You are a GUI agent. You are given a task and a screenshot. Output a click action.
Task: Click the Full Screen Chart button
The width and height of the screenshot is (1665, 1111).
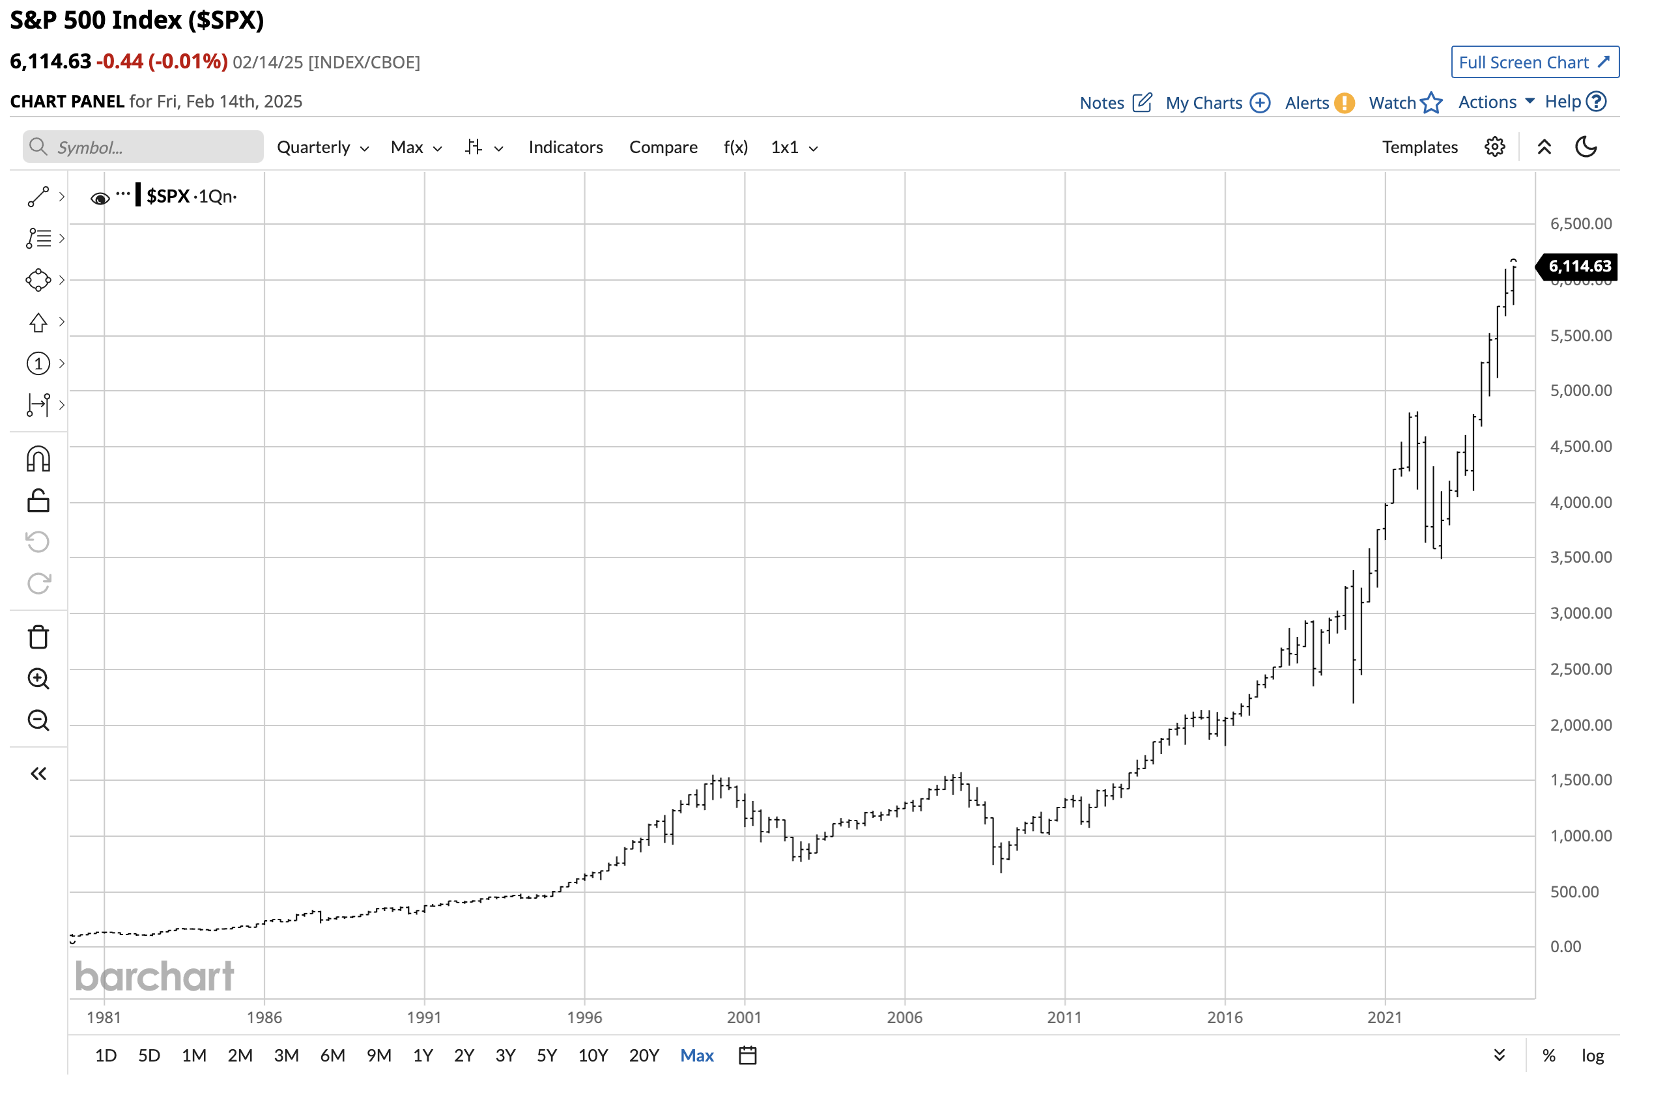pyautogui.click(x=1534, y=63)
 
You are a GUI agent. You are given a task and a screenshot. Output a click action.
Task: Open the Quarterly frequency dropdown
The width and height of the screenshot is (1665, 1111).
pyautogui.click(x=322, y=147)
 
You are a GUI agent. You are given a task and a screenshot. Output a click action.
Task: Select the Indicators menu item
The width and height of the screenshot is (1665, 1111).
pyautogui.click(x=565, y=147)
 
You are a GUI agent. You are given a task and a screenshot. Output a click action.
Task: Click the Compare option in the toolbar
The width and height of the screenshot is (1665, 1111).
pyautogui.click(x=662, y=147)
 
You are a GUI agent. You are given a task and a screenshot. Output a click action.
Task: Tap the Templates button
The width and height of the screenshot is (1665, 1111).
pyautogui.click(x=1419, y=147)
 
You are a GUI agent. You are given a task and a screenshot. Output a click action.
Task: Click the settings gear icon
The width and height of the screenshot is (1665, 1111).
pyautogui.click(x=1494, y=147)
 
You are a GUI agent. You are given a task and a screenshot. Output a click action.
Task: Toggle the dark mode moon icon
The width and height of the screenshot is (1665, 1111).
pyautogui.click(x=1586, y=147)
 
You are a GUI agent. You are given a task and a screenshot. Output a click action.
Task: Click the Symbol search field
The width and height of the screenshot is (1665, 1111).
pyautogui.click(x=143, y=147)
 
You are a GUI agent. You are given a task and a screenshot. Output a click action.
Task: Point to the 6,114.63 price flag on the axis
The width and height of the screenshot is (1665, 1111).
pyautogui.click(x=1578, y=266)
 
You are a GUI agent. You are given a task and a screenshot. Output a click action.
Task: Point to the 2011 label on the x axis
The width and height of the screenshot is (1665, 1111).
pyautogui.click(x=1064, y=1017)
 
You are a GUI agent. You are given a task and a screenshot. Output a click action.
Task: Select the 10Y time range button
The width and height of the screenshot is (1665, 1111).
pyautogui.click(x=593, y=1056)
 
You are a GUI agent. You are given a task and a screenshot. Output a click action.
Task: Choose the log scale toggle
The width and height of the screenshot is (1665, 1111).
pyautogui.click(x=1592, y=1056)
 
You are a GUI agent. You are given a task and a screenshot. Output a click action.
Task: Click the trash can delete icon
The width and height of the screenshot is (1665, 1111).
pyautogui.click(x=38, y=637)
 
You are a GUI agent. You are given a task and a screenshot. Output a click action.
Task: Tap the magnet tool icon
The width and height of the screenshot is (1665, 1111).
pyautogui.click(x=38, y=459)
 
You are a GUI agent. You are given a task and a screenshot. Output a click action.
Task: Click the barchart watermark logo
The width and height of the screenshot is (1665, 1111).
pyautogui.click(x=154, y=976)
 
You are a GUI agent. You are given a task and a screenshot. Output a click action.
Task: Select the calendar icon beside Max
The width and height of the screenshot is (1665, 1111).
pyautogui.click(x=747, y=1056)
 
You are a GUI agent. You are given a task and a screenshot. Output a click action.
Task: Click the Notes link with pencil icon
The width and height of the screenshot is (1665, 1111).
pyautogui.click(x=1115, y=104)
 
